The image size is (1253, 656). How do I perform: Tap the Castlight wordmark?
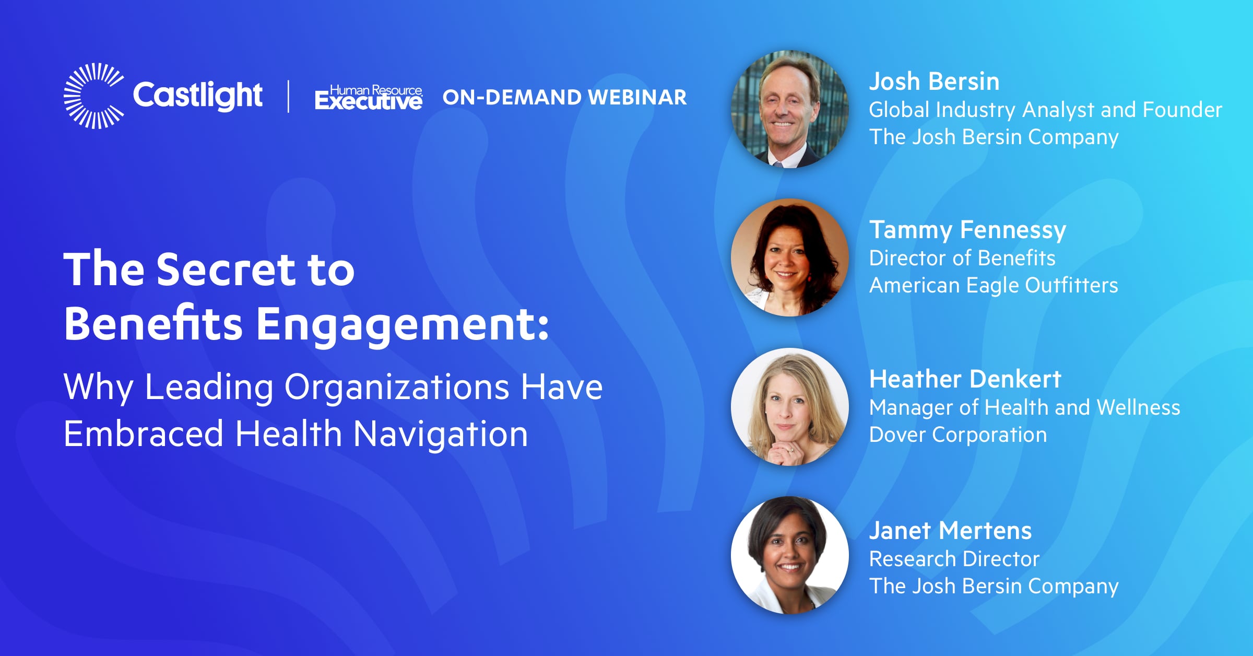click(198, 95)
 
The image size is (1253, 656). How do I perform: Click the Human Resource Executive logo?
click(369, 98)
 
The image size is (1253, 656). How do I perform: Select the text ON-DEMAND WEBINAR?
click(564, 97)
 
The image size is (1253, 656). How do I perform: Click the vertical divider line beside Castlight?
click(289, 96)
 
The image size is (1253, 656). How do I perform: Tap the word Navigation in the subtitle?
click(441, 435)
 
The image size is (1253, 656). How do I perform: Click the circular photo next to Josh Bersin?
click(789, 109)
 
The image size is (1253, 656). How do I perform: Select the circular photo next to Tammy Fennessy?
click(789, 257)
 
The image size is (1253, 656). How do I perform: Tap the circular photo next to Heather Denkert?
click(789, 407)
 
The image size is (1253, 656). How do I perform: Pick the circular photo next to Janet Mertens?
click(789, 555)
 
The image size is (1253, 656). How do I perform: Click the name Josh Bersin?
click(934, 81)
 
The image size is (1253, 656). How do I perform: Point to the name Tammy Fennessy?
click(967, 231)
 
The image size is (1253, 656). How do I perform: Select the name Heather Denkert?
click(965, 379)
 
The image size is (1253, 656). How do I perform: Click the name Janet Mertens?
click(950, 531)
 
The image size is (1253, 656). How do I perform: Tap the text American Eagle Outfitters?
click(994, 286)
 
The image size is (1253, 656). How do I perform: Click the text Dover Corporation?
click(958, 435)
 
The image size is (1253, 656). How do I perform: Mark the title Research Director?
click(954, 559)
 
